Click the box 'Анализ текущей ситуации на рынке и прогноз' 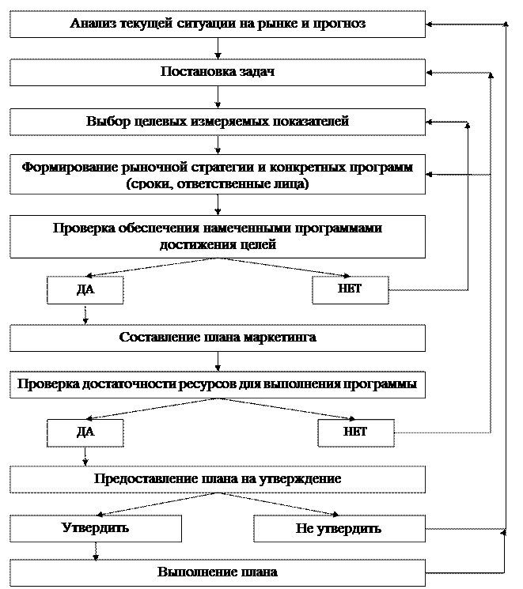pos(218,24)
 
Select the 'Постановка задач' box pos(218,72)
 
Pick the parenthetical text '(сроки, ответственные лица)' pos(218,183)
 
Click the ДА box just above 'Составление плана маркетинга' pos(85,289)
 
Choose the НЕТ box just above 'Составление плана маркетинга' pos(351,289)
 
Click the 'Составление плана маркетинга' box pos(218,338)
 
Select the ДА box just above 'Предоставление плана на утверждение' pos(85,432)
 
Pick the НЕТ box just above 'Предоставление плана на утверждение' pos(355,432)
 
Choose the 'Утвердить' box pos(96,527)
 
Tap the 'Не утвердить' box pos(339,528)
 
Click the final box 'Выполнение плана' pos(218,572)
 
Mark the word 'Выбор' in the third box pos(104,122)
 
